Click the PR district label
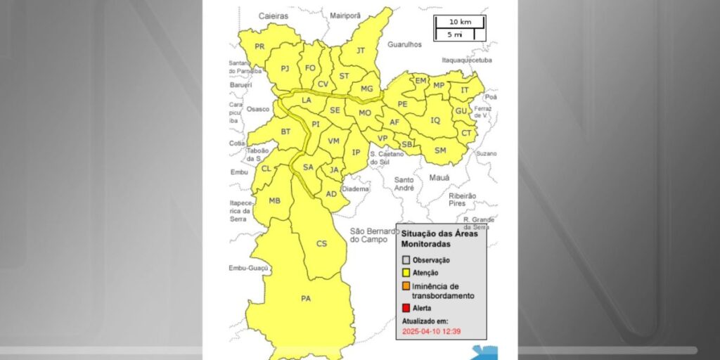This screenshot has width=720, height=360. point(259,46)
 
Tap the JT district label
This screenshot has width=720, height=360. point(361,51)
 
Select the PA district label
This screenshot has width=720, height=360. point(306,299)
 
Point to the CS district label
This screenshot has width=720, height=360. point(321,244)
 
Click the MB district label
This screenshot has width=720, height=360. point(275,201)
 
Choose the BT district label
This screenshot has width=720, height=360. point(285,132)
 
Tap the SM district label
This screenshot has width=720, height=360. point(440,150)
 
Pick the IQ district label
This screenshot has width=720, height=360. point(435,120)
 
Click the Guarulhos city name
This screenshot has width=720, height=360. point(404,44)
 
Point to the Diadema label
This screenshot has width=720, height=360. point(355,189)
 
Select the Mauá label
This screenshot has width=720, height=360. point(439,178)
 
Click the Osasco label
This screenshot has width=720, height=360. point(258,109)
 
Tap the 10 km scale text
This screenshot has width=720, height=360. point(460,22)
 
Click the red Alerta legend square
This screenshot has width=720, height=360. point(406,308)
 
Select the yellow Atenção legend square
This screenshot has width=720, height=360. point(406,273)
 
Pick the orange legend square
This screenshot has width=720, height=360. point(406,286)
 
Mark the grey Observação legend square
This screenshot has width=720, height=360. point(406,260)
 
